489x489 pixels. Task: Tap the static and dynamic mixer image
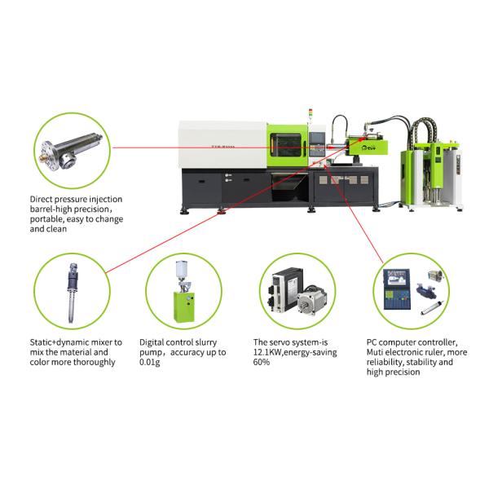73,293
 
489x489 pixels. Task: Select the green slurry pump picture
184,291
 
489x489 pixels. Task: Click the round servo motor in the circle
312,301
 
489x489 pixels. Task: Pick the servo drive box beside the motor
285,289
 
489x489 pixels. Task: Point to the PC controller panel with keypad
397,289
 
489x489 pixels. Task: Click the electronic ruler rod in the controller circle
432,307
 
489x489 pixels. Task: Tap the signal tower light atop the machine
311,113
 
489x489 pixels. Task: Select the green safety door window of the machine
286,145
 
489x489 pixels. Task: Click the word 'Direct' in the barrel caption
42,200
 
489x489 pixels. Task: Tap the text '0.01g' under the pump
150,363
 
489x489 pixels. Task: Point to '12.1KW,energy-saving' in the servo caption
295,352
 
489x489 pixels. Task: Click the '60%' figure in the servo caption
262,362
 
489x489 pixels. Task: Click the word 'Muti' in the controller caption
374,352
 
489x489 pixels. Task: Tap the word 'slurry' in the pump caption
205,343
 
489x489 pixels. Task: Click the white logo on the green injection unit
368,148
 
